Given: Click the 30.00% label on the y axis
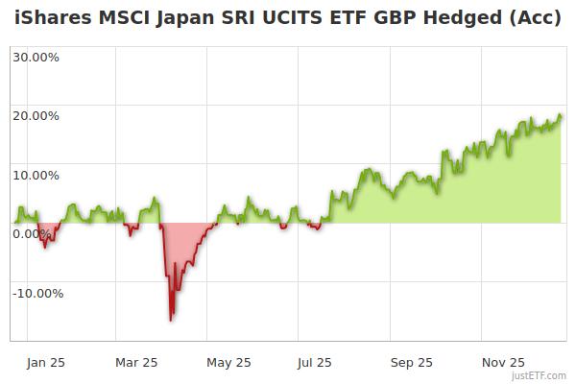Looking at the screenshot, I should coord(36,57).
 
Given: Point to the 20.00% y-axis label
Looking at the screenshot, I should coord(36,116).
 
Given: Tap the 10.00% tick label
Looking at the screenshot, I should coord(36,175).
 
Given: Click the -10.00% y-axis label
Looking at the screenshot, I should coord(36,294).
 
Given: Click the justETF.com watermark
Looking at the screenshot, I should coord(539,375).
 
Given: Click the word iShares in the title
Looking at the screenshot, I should coord(52,18).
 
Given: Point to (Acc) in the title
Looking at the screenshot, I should coord(537,18).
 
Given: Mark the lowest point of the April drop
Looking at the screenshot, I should coord(171,320).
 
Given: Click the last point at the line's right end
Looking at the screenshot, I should coord(561,117).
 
